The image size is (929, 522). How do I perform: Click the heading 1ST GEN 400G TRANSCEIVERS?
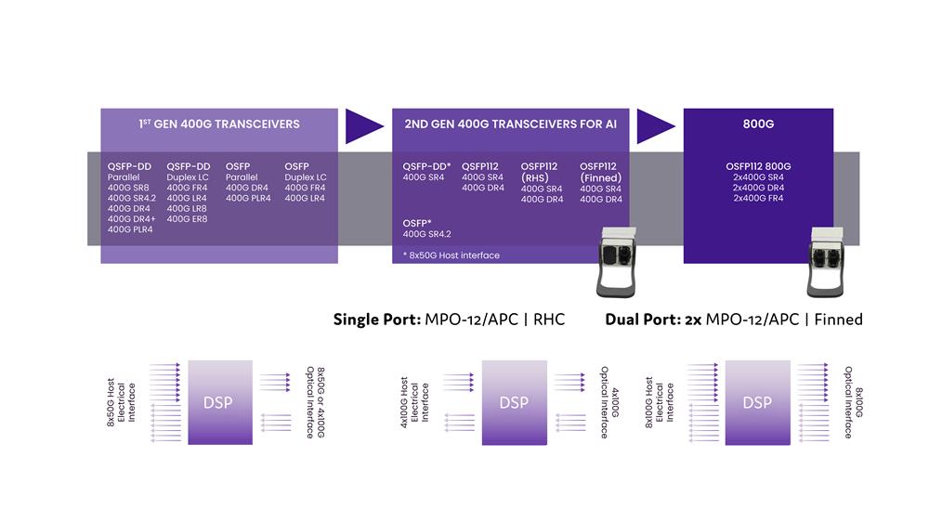219,124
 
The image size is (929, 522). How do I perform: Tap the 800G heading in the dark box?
757,124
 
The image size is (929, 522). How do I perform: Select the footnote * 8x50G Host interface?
451,255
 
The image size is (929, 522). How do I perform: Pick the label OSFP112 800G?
758,166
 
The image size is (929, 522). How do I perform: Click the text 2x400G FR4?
758,198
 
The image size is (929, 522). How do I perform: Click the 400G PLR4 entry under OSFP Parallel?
248,198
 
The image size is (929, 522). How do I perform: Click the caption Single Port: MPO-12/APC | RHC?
450,320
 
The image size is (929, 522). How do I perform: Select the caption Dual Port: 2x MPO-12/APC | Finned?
734,320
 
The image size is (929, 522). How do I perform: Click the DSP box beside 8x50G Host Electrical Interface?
219,402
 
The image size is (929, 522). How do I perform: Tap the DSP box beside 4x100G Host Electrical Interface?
513,402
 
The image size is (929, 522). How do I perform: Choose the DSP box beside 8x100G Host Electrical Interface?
757,402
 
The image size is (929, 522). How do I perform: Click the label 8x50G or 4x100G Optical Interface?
315,402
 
